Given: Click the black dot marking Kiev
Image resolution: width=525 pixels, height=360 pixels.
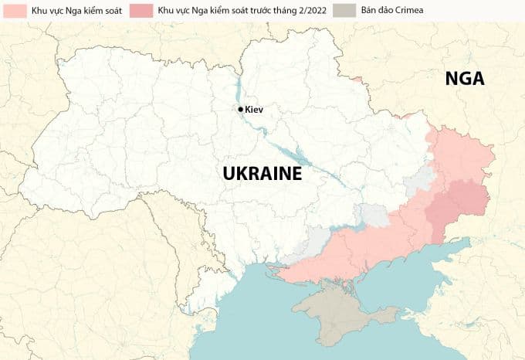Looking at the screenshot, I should [x=241, y=110].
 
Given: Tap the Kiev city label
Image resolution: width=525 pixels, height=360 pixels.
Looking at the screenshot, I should [x=254, y=110].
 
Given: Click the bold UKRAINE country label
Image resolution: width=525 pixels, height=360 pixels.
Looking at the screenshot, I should [x=262, y=174].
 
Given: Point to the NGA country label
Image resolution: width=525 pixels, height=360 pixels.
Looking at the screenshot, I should [x=463, y=78].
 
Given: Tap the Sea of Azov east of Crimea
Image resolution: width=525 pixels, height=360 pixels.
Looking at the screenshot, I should [x=432, y=270].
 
